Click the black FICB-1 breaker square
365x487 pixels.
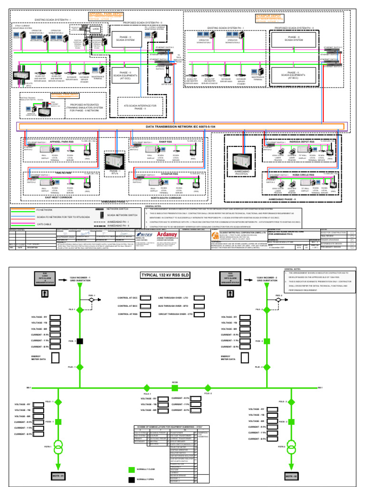(80, 341)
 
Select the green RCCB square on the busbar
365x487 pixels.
(175, 388)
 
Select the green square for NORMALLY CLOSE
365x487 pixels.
(132, 469)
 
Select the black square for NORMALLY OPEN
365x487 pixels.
(132, 480)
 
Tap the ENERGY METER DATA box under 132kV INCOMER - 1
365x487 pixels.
(55, 358)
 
